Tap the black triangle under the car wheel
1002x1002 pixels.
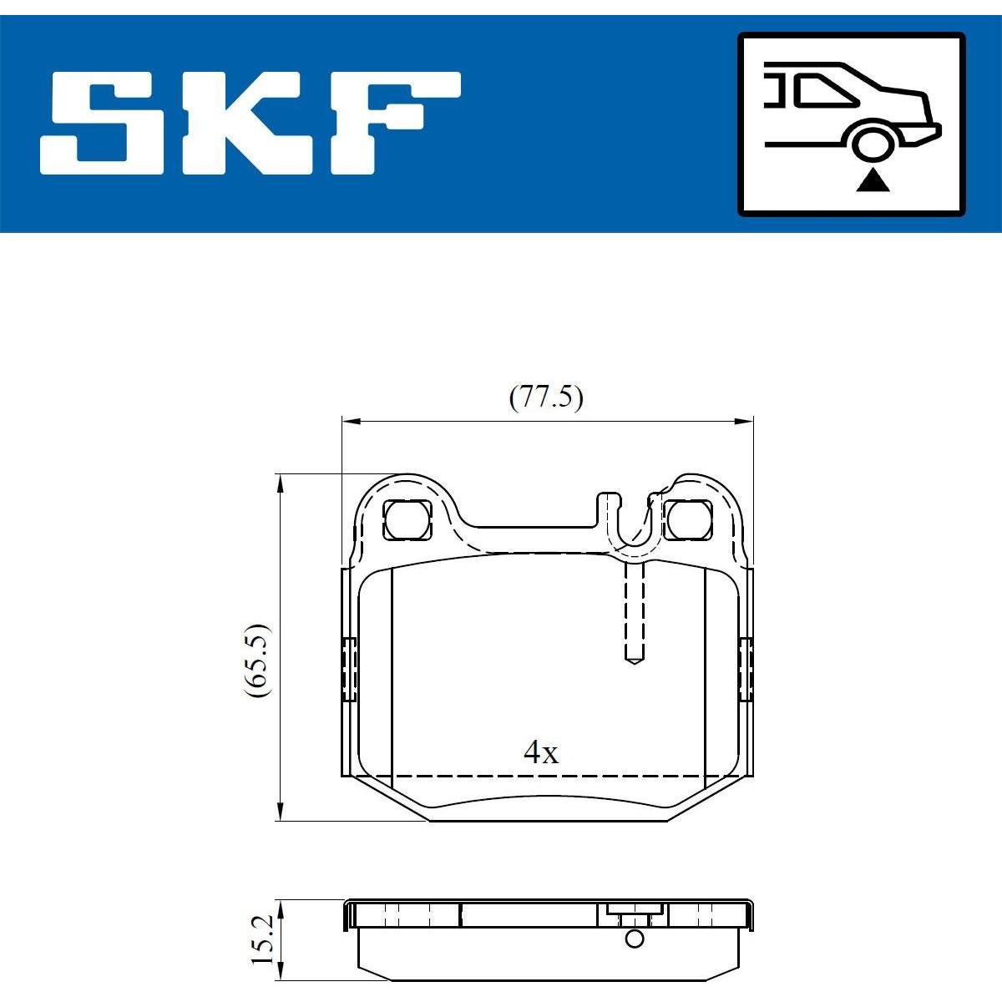point(873,182)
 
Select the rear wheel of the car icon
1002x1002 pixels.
point(873,144)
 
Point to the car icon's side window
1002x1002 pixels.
point(827,90)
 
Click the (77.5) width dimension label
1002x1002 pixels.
point(546,399)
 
